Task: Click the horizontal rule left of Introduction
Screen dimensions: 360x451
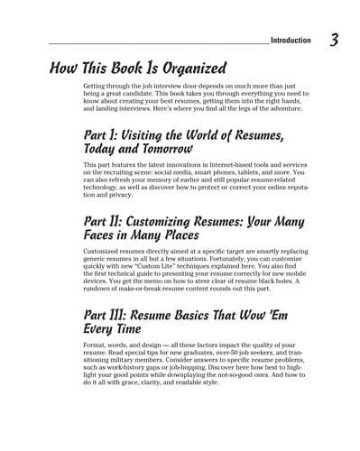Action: (158, 42)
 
